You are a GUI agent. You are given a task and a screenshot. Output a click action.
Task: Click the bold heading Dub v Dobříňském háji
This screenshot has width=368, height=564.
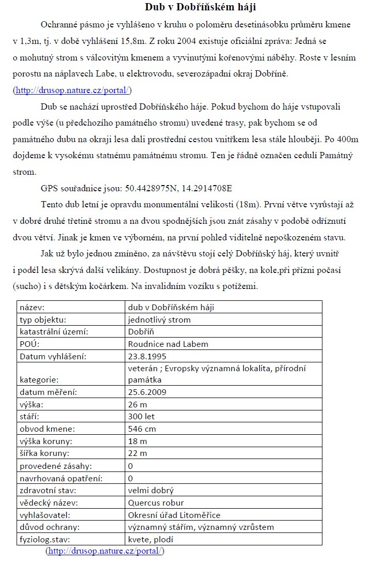coord(200,7)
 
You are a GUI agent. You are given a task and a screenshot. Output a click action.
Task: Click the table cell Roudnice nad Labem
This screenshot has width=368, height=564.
coord(168,344)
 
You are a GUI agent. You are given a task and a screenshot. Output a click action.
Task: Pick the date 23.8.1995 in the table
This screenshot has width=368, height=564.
coord(147,356)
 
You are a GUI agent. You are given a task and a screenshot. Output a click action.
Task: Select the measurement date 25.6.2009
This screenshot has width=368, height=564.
coord(147,392)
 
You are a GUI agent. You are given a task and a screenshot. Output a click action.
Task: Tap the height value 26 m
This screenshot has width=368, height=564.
coord(137,404)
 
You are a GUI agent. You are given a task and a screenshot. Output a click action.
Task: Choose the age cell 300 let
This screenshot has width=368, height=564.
coord(141,416)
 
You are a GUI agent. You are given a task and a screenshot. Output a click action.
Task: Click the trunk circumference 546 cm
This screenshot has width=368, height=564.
coord(142,429)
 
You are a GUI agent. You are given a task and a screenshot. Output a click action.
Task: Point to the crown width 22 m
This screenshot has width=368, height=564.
coord(137,453)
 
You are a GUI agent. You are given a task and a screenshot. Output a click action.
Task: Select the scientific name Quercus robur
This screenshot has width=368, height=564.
coord(156,502)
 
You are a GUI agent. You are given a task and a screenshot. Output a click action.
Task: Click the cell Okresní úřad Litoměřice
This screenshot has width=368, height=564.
coord(174,515)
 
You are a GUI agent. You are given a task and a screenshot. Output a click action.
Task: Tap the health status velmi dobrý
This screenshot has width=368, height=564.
coord(151,490)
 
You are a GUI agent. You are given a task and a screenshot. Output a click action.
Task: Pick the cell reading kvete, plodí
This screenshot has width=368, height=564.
coord(151,539)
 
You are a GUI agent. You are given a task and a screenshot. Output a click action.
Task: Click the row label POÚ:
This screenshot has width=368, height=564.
coord(30,344)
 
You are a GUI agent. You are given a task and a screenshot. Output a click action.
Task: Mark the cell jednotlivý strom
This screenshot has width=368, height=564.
coord(159,319)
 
